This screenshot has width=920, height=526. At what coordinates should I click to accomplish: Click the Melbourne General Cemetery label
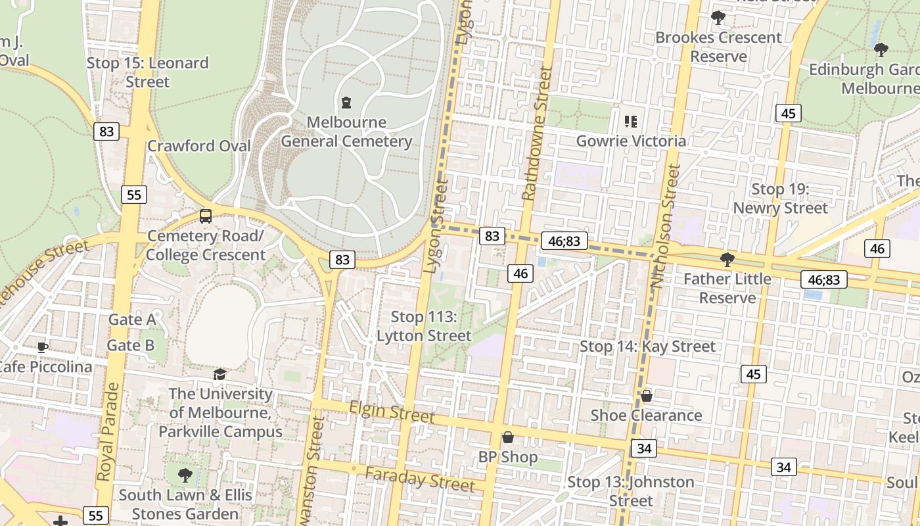click(x=346, y=131)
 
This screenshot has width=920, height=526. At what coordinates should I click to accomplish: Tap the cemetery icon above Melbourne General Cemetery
click(x=346, y=103)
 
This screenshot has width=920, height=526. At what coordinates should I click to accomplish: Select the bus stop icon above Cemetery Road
click(x=206, y=216)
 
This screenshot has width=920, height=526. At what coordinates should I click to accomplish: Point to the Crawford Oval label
click(x=198, y=145)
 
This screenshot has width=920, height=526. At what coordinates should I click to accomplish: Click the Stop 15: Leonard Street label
click(x=148, y=72)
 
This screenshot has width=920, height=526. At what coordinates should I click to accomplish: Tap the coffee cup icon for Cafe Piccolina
click(x=43, y=347)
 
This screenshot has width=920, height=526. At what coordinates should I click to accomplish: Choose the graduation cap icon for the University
click(x=219, y=374)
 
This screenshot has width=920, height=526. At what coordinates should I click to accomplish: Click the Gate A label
click(x=132, y=320)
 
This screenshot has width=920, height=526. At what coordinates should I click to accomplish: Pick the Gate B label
click(x=131, y=345)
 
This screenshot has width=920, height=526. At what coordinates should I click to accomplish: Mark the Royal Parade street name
click(x=108, y=431)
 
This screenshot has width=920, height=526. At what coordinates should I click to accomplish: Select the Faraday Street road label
click(x=419, y=479)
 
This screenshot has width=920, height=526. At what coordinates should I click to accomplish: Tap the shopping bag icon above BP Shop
click(x=507, y=437)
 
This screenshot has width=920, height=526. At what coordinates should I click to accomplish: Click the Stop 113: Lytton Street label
click(x=424, y=326)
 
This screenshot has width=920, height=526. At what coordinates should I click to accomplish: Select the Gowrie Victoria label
click(x=631, y=141)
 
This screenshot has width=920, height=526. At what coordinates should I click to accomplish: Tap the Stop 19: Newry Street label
click(x=780, y=199)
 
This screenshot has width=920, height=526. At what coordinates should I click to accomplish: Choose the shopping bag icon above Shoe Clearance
click(x=647, y=395)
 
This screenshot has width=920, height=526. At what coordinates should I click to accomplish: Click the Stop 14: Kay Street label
click(x=647, y=346)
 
